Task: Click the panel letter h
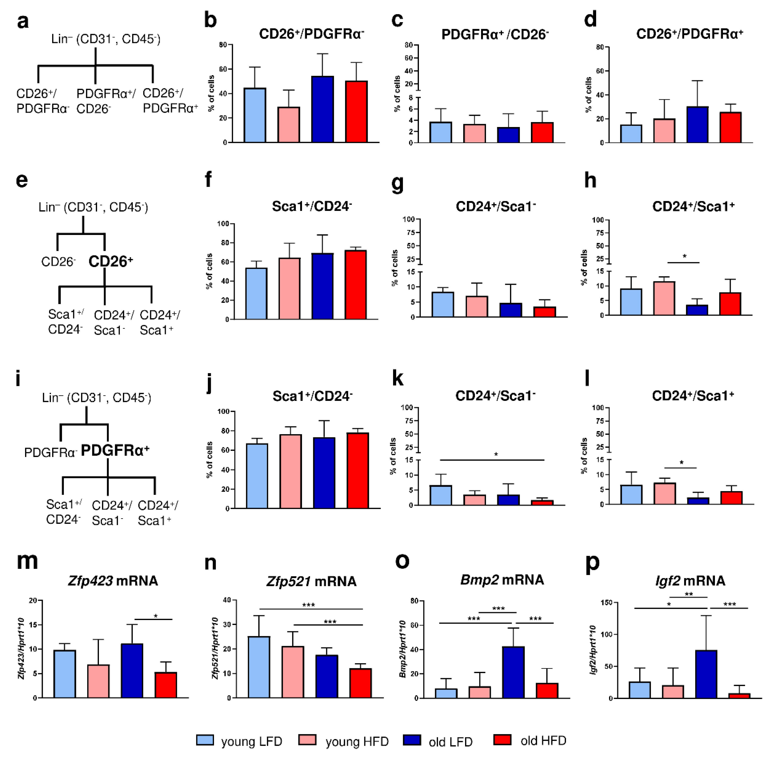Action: coord(590,181)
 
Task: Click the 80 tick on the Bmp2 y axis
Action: coord(414,601)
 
